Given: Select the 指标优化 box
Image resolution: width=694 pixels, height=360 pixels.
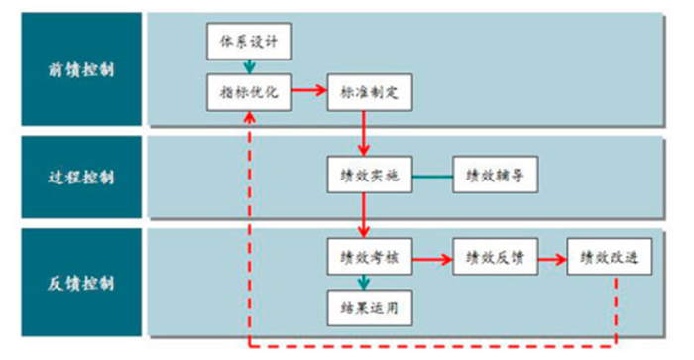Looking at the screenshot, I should click(249, 92).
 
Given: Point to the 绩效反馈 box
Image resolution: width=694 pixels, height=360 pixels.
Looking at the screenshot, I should click(494, 260).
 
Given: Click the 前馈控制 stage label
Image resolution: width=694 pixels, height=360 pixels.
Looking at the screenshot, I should click(80, 69).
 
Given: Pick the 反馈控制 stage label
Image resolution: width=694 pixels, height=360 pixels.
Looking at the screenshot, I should click(80, 284).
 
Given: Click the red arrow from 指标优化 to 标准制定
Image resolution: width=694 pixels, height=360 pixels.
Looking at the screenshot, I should click(308, 92).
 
